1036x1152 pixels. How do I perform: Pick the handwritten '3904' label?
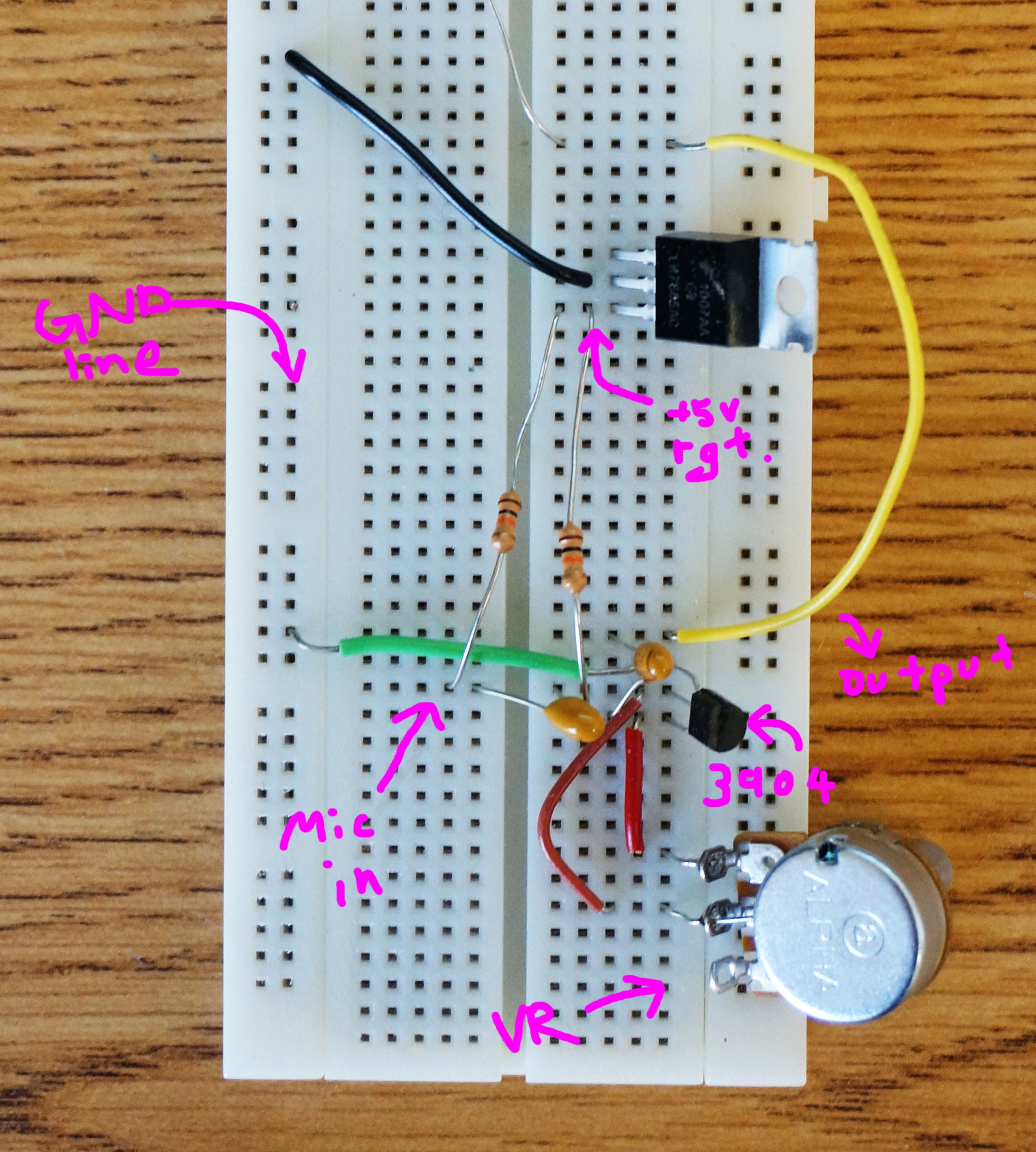pyautogui.click(x=769, y=785)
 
